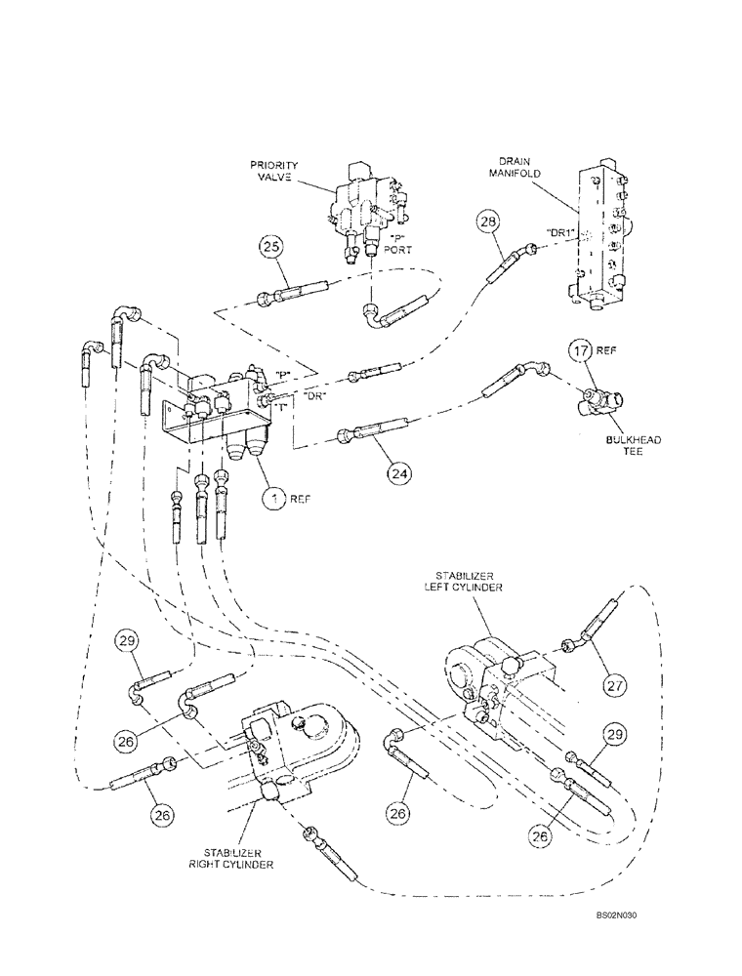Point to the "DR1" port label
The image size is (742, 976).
coord(562,231)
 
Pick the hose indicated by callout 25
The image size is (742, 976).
coord(293,292)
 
